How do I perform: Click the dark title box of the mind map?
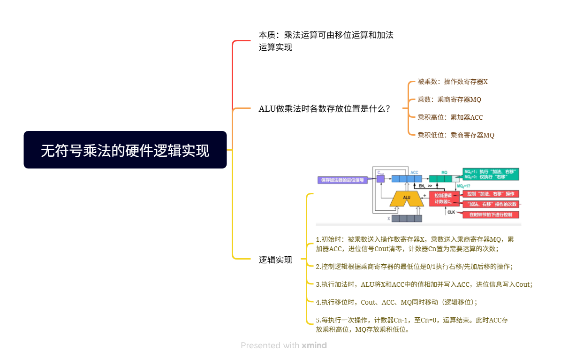[x=125, y=150]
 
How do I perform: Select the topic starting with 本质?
[x=326, y=41]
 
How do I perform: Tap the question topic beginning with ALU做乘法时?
[x=324, y=108]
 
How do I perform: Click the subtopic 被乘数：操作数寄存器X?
[x=453, y=82]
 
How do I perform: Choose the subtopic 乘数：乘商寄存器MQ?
[x=449, y=100]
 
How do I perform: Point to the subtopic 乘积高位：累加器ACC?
[x=450, y=117]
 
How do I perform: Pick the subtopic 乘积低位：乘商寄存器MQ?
[x=456, y=135]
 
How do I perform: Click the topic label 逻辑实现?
[x=275, y=260]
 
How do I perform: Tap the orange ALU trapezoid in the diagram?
[x=407, y=198]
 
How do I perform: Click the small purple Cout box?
[x=380, y=178]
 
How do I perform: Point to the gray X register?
[x=407, y=218]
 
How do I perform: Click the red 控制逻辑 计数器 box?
[x=443, y=199]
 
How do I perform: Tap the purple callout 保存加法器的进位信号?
[x=342, y=180]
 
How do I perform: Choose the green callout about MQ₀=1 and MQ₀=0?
[x=491, y=174]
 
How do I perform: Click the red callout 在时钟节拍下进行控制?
[x=491, y=214]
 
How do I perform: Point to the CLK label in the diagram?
[x=451, y=212]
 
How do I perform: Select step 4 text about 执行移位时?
[x=396, y=302]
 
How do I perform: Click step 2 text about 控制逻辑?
[x=414, y=267]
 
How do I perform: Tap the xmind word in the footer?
[x=314, y=345]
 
